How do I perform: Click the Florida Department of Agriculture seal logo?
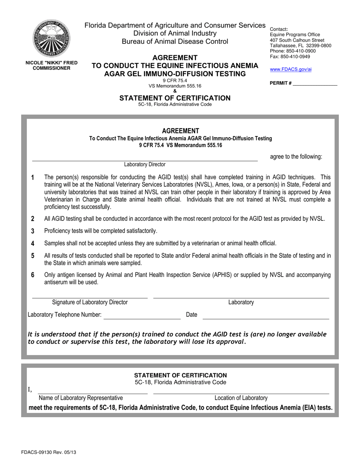[51, 38]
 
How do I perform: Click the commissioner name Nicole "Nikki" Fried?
[51, 63]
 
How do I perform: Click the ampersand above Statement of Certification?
[175, 91]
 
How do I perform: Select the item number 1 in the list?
[33, 177]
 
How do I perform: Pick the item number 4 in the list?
[33, 243]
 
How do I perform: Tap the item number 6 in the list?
[33, 275]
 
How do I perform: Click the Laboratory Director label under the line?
[145, 164]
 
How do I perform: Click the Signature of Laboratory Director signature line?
[90, 298]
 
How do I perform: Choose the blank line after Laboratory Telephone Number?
[142, 319]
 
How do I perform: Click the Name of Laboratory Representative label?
[81, 398]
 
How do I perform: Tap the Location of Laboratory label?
[241, 398]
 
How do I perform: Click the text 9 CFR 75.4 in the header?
[175, 81]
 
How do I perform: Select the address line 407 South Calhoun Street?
[297, 40]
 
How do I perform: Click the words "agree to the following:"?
[296, 156]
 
